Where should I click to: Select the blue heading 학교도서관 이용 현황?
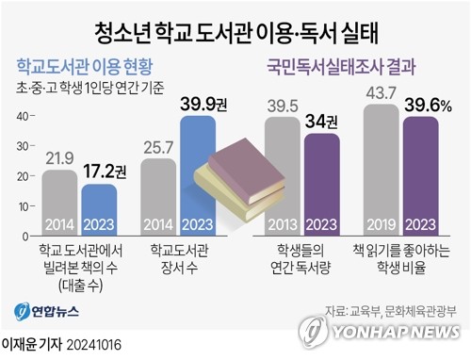tap(85, 68)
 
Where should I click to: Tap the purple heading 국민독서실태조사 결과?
tap(341, 68)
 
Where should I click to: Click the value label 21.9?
tap(59, 157)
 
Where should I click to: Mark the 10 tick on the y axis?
tap(21, 205)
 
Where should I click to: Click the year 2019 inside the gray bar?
tap(381, 223)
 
